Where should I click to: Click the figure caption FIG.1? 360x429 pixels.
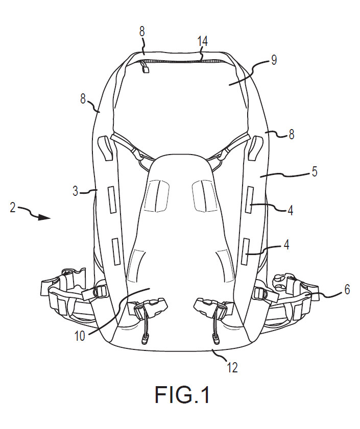pyautogui.click(x=182, y=394)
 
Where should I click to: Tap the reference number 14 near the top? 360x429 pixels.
pyautogui.click(x=202, y=41)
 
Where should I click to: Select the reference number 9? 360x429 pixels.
pyautogui.click(x=274, y=60)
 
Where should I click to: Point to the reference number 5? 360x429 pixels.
pyautogui.click(x=315, y=171)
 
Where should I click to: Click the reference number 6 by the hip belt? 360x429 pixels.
pyautogui.click(x=347, y=289)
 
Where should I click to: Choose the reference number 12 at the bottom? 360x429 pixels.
pyautogui.click(x=232, y=368)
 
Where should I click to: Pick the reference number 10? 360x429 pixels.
pyautogui.click(x=80, y=336)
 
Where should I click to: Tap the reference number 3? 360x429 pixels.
pyautogui.click(x=76, y=191)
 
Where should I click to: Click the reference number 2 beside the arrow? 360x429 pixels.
pyautogui.click(x=13, y=207)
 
